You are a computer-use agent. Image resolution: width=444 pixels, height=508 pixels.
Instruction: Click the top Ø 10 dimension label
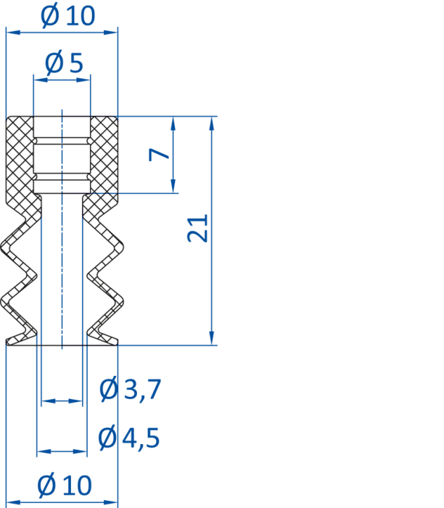pos(67,15)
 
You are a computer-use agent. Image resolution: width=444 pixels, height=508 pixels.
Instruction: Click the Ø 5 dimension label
pos(64,62)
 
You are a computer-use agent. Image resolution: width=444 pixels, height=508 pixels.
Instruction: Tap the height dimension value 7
pos(159,154)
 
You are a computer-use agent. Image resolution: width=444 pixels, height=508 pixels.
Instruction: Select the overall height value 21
pos(197,228)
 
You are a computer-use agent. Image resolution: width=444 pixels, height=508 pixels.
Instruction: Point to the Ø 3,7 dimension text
pos(130,389)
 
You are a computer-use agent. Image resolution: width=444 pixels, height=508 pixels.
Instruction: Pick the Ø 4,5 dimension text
pos(129,438)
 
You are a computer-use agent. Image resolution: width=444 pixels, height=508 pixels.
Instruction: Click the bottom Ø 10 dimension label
pos(65,485)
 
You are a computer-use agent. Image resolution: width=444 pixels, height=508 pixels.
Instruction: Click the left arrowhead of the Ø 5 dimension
pos(40,80)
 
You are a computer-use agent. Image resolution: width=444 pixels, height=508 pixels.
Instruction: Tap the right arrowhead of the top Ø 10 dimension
pos(110,32)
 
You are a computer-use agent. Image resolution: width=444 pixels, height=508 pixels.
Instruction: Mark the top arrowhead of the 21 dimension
pos(212,123)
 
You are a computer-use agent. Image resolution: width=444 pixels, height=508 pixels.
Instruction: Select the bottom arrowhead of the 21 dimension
pos(212,338)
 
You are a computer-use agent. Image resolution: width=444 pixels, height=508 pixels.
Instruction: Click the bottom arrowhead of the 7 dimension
pos(173,187)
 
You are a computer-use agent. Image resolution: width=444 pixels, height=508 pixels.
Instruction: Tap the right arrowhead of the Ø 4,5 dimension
pos(81,451)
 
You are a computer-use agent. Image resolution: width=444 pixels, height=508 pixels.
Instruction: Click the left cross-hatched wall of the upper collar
pos(20,159)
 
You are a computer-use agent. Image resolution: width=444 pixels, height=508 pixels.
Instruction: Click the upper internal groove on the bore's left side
pos(36,142)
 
